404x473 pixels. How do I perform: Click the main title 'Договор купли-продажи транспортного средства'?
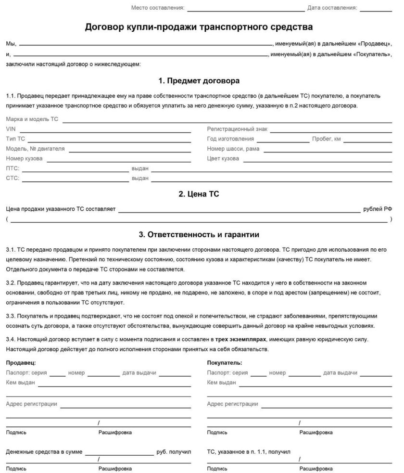coord(199,27)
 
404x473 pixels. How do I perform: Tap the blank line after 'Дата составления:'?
coord(379,9)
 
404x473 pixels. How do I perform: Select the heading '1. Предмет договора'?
coord(199,80)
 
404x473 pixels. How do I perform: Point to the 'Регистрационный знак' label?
coord(237,129)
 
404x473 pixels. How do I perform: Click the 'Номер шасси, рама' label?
coord(233,149)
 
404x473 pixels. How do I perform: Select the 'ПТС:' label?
coord(13,168)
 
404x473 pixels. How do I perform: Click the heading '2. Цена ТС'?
coord(199,194)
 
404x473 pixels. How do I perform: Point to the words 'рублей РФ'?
coord(379,209)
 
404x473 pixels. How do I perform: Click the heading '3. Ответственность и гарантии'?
coord(199,235)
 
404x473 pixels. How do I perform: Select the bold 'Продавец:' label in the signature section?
coord(21,362)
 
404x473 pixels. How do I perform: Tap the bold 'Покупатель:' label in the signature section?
coord(225,362)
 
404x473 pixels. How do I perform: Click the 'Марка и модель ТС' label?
coord(32,119)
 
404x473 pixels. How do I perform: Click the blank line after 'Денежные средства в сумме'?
coord(119,454)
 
